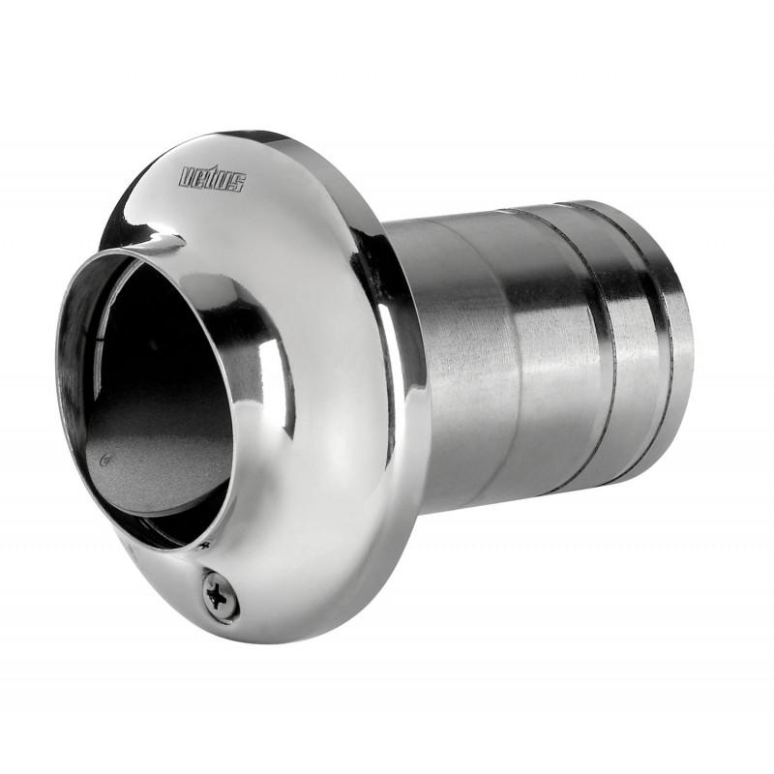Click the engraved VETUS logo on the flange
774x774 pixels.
213,179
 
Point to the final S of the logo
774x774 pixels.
237,184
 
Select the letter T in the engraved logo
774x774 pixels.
212,179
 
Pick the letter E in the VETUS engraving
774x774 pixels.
200,177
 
